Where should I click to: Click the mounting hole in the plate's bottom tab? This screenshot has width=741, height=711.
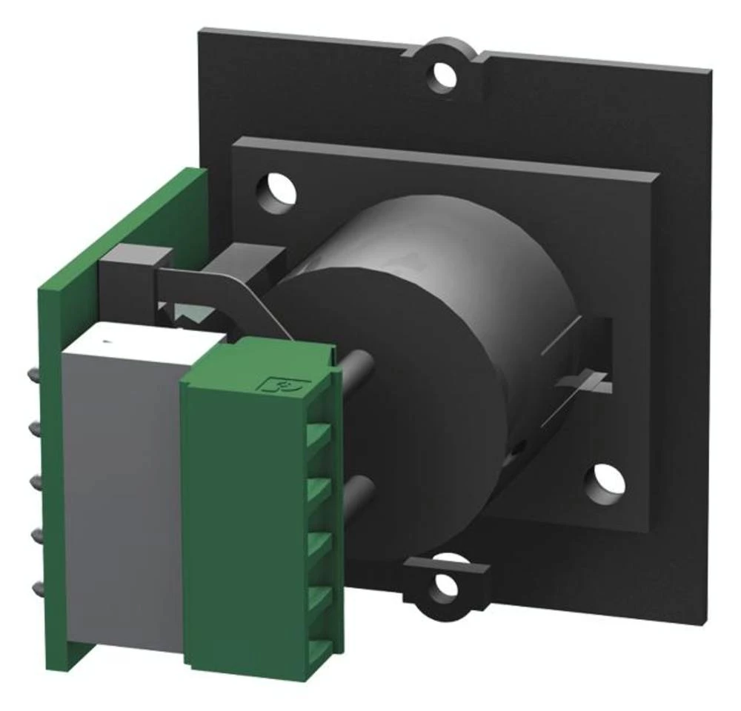point(445,584)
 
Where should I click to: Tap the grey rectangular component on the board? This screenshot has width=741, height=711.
point(122,504)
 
